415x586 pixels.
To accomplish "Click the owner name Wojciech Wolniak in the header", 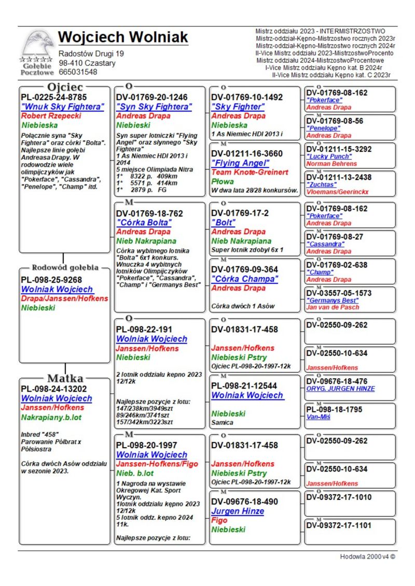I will [123, 37].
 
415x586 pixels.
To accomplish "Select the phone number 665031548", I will [78, 72].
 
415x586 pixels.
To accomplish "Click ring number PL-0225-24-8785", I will [54, 97].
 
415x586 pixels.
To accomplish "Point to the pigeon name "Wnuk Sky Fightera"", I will [62, 107].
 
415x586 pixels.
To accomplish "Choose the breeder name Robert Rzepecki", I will [51, 116].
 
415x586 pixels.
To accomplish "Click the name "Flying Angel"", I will [242, 163].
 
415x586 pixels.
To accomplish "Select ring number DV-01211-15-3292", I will [339, 149].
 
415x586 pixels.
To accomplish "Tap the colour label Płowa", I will [223, 181].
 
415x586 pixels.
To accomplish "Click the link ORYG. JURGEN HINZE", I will [340, 389].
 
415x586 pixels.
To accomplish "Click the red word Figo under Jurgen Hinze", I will [220, 520].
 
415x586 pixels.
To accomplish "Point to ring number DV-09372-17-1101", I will [339, 525].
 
